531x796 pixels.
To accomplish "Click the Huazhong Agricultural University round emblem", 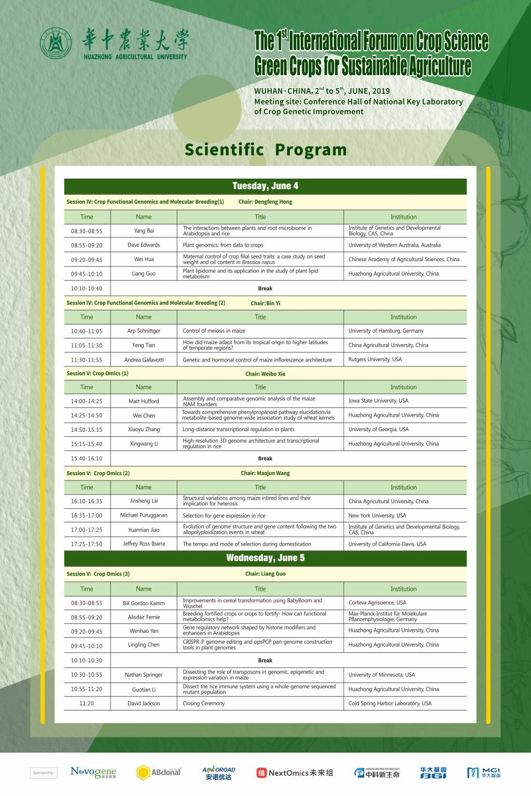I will [x=57, y=44].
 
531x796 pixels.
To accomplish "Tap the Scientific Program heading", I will [x=265, y=149].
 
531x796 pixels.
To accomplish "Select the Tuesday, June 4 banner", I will [x=265, y=186].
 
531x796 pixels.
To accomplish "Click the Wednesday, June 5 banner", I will [x=265, y=558].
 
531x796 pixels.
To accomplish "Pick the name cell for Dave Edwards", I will [x=144, y=245].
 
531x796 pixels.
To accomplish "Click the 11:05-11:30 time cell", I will [x=87, y=345].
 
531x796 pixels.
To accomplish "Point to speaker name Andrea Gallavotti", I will [x=144, y=360].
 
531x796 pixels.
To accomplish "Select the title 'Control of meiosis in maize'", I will [x=214, y=331].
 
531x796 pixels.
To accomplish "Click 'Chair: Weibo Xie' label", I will [x=265, y=374].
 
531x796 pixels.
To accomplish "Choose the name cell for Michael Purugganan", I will [x=144, y=516].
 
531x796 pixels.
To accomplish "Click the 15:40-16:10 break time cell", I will [x=87, y=459].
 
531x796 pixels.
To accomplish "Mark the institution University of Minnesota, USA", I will [x=382, y=675].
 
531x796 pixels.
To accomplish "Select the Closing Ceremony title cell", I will [x=204, y=703].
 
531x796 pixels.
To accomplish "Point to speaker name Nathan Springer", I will [x=144, y=675].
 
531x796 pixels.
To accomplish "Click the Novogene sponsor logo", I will [x=93, y=773].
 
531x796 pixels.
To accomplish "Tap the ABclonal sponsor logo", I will [x=159, y=773].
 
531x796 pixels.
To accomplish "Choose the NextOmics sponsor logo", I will [x=295, y=773].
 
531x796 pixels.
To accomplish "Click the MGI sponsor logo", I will [x=484, y=773].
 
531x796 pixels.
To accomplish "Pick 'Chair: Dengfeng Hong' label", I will [x=265, y=202].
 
